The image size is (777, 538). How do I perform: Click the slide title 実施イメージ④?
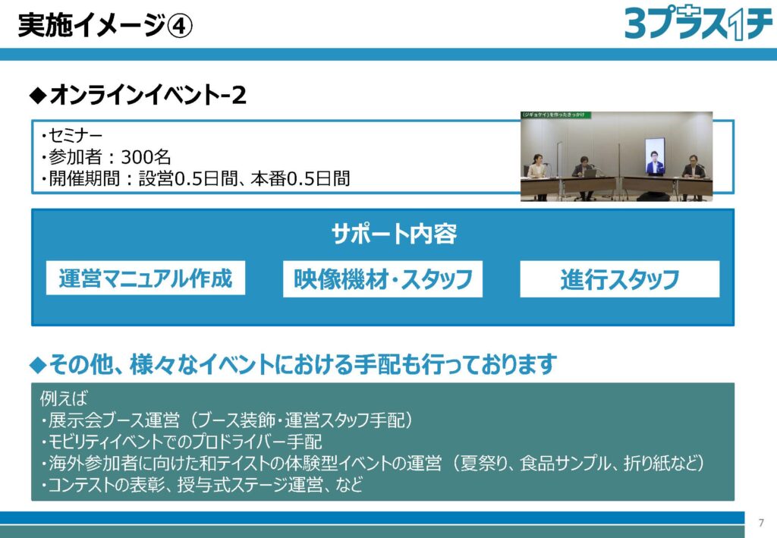pos(105,25)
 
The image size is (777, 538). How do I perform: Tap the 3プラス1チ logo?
pos(698,24)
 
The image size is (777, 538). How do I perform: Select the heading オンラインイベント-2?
pos(138,95)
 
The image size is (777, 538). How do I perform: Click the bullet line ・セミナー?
pos(71,135)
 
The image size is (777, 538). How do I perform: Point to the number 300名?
pos(146,157)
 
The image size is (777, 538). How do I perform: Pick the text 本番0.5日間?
pos(300,178)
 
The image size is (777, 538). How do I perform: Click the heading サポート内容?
pos(394,233)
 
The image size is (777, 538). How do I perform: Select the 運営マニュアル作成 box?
pos(146,278)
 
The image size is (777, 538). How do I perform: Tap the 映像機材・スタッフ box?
pos(382,279)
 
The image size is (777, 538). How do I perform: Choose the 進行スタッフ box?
pos(619,279)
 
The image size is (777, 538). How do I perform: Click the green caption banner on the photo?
pos(555,115)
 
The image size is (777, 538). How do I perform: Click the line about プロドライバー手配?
pos(181,442)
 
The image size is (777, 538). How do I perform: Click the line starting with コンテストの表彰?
pos(201,484)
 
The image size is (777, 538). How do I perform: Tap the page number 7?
pos(762,523)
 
